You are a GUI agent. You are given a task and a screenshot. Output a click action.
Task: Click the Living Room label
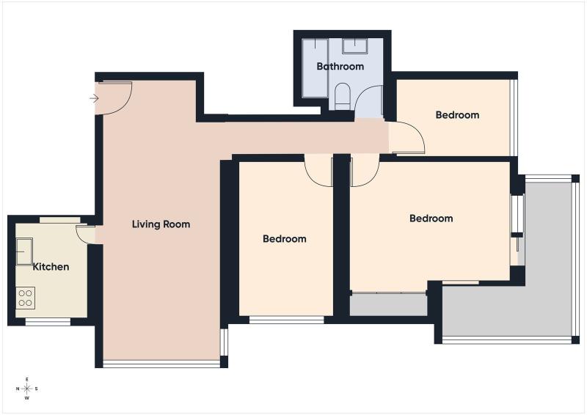pyautogui.click(x=161, y=224)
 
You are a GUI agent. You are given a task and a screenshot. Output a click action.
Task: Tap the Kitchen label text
pyautogui.click(x=51, y=267)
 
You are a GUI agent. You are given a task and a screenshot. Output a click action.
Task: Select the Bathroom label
pyautogui.click(x=340, y=66)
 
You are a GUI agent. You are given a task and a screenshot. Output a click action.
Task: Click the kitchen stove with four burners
pyautogui.click(x=26, y=298)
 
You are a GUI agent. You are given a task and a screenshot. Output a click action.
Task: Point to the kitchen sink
pyautogui.click(x=24, y=251)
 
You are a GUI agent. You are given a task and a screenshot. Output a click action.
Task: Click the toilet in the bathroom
pyautogui.click(x=342, y=97)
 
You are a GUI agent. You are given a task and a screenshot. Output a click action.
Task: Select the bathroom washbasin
pyautogui.click(x=355, y=46)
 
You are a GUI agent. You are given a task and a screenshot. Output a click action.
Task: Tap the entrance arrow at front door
pyautogui.click(x=94, y=98)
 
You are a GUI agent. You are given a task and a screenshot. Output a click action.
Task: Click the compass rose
pyautogui.click(x=27, y=389)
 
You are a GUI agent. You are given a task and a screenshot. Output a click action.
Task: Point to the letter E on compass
pyautogui.click(x=27, y=380)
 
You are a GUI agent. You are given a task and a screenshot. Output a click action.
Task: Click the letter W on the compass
pyautogui.click(x=27, y=398)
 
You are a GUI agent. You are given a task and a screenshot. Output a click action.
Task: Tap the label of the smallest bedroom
pyautogui.click(x=457, y=115)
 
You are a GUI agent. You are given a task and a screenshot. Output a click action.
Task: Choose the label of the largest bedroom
pyautogui.click(x=431, y=218)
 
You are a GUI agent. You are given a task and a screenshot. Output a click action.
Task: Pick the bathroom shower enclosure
pyautogui.click(x=316, y=68)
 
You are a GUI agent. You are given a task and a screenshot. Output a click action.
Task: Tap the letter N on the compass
pyautogui.click(x=18, y=389)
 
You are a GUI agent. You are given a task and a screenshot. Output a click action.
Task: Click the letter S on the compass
pyautogui.click(x=36, y=389)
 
